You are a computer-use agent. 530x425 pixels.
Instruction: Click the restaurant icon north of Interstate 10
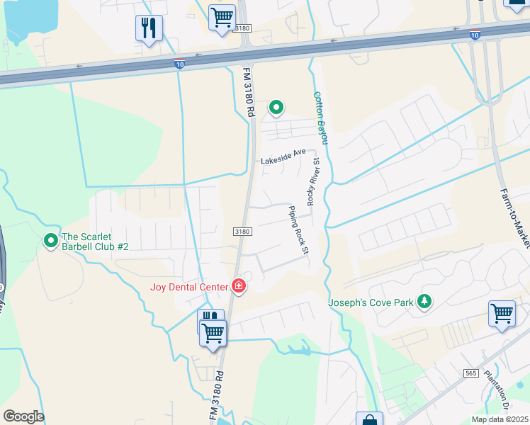click(x=149, y=28)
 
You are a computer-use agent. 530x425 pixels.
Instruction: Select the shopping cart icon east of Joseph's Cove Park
click(x=502, y=312)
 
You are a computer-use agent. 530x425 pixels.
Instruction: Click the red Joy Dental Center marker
click(x=239, y=286)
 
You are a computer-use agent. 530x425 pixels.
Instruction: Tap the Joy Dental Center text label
click(x=188, y=287)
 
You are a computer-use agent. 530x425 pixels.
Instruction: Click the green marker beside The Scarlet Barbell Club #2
click(x=50, y=241)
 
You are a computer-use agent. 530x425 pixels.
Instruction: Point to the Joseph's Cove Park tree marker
click(x=424, y=302)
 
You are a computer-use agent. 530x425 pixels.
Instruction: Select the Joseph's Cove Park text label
click(x=371, y=303)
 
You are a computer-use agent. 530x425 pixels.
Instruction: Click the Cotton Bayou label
click(x=320, y=117)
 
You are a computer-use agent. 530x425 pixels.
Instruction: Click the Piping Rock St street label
click(x=299, y=230)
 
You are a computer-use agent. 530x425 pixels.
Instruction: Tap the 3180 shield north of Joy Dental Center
click(x=242, y=232)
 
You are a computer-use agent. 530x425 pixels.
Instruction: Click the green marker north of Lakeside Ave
click(x=276, y=108)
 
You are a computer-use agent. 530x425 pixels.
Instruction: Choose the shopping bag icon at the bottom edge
click(x=368, y=419)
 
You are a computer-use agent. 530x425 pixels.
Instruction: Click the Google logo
click(x=23, y=416)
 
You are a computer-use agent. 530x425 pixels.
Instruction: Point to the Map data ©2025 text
click(x=500, y=419)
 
